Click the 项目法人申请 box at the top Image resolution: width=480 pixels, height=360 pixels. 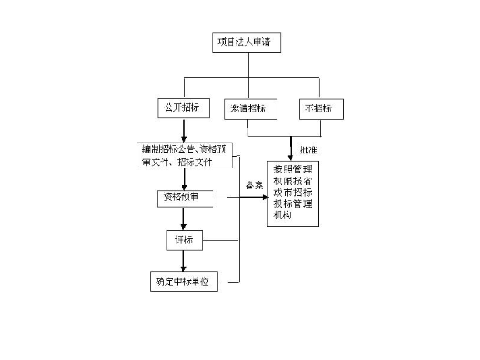(x=245, y=42)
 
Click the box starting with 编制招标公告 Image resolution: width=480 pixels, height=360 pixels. (x=187, y=154)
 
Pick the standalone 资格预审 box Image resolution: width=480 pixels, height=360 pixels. (x=183, y=198)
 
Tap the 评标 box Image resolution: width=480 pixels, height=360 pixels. (x=183, y=240)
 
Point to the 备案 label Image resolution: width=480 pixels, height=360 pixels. (x=254, y=185)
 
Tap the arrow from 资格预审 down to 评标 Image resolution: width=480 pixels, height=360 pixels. (x=182, y=218)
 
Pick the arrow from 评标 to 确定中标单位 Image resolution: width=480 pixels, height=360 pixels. (x=182, y=261)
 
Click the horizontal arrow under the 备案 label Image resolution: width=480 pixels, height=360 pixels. (x=242, y=198)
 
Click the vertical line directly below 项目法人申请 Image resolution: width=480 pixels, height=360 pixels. (x=246, y=66)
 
